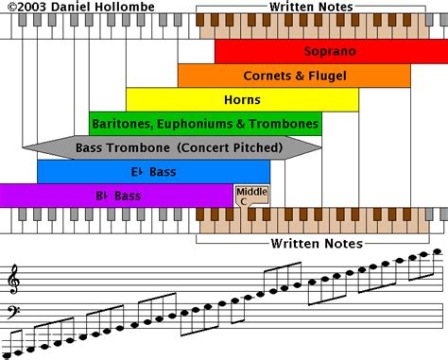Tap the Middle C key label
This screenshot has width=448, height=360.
[x=245, y=197]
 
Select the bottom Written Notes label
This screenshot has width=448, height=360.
[x=306, y=243]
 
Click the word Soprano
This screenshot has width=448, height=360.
[x=324, y=51]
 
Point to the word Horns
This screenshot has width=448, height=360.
[x=242, y=99]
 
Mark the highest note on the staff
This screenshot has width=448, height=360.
[x=437, y=252]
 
